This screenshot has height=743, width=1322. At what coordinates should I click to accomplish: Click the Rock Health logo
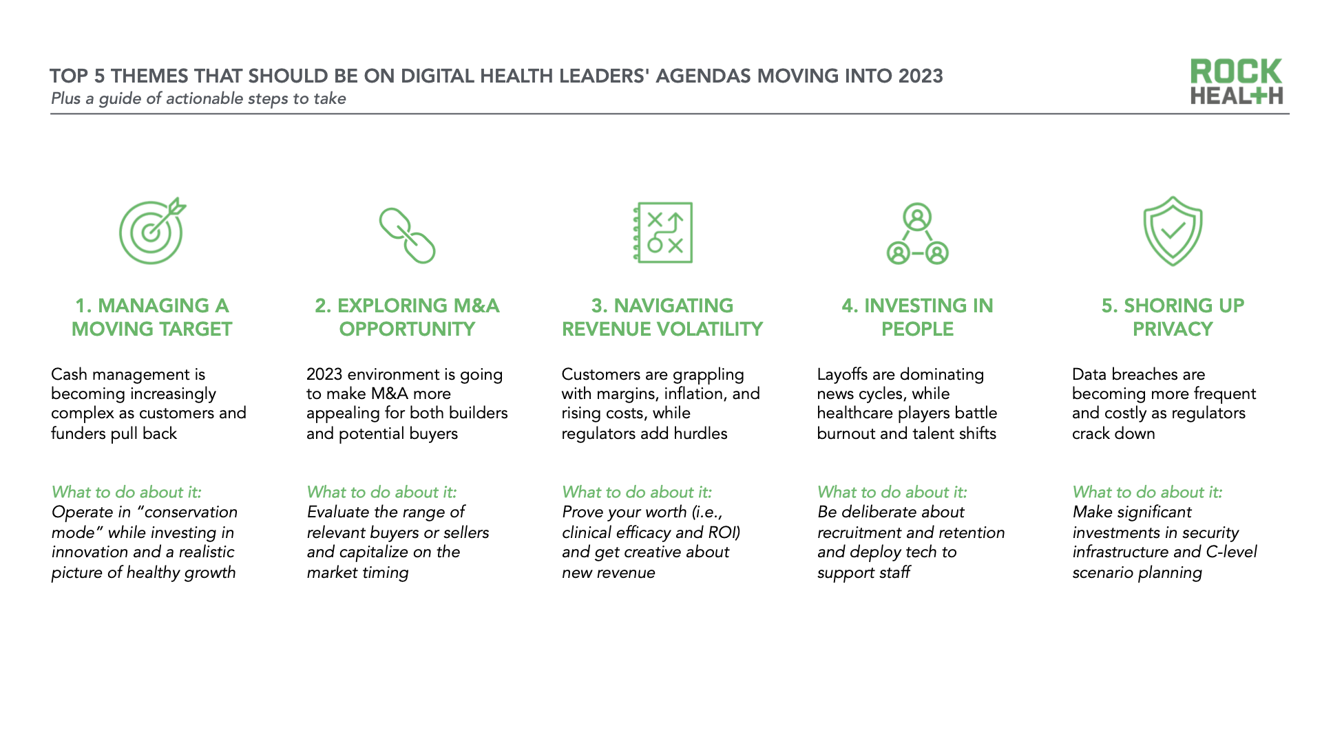click(x=1237, y=81)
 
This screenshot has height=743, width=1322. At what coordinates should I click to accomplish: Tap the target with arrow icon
click(x=152, y=230)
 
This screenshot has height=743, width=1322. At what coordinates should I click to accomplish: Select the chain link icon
click(x=407, y=235)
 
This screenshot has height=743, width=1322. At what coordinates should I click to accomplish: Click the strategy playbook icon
click(x=662, y=233)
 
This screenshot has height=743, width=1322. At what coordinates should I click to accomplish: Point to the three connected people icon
click(x=917, y=234)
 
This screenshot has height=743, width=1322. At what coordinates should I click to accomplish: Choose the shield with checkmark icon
click(x=1173, y=231)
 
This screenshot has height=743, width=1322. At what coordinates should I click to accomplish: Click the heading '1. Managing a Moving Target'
click(x=151, y=317)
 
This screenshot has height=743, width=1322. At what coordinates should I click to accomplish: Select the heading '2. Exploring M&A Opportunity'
click(x=407, y=317)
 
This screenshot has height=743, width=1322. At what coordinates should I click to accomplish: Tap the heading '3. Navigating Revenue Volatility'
click(x=662, y=317)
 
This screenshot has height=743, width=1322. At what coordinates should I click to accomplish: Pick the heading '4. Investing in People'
click(x=917, y=317)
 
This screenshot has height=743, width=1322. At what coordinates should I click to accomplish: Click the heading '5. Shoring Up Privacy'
click(x=1173, y=317)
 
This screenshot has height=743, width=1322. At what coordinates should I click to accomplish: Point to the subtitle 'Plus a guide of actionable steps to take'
click(x=198, y=98)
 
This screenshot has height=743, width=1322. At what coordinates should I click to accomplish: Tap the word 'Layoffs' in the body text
click(x=842, y=374)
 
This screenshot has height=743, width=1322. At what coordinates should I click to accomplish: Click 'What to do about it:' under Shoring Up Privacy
click(x=1147, y=492)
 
